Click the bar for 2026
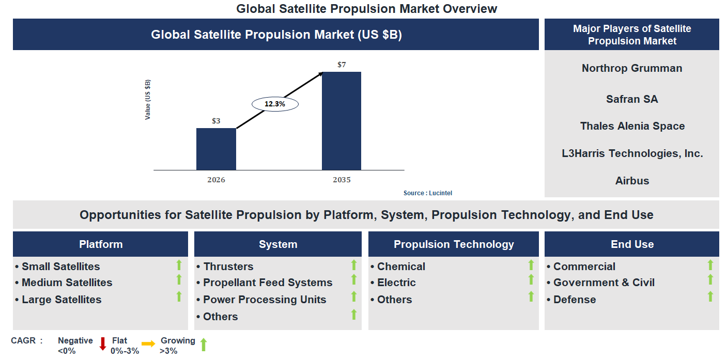point(216,149)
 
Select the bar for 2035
point(341,120)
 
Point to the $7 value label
point(342,65)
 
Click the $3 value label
point(216,121)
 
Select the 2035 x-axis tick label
point(342,180)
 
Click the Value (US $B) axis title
point(148,100)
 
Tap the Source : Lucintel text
point(428,193)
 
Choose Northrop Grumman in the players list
point(631,68)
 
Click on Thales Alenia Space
point(632,126)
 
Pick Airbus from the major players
point(632,181)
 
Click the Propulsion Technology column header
point(453,244)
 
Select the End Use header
point(632,244)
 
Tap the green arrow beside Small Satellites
point(179,265)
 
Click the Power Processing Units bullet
point(264,300)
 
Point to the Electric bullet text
point(396,283)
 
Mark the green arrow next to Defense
point(710,296)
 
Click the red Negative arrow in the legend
point(102,343)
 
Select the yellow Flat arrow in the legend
point(148,343)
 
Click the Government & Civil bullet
point(603,283)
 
